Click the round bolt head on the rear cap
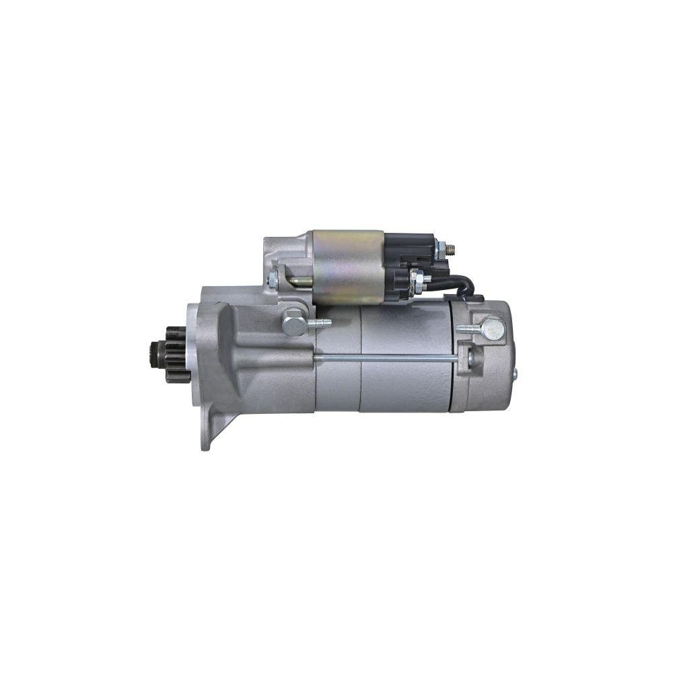tap(493, 328)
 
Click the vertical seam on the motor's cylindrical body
tap(361, 357)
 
